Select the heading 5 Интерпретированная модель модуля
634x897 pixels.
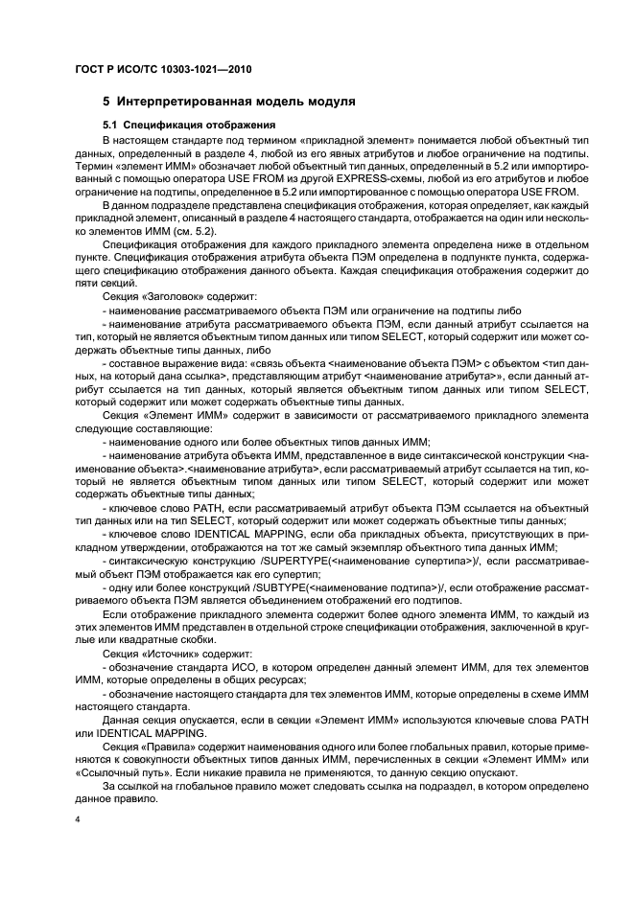229,100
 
